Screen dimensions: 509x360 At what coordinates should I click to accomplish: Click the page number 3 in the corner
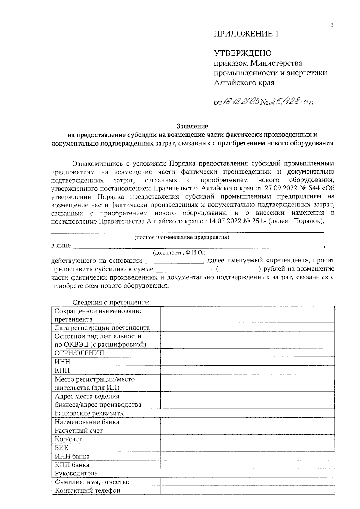coord(332,25)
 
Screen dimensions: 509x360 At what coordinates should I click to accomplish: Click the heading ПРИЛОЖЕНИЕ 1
coord(246,34)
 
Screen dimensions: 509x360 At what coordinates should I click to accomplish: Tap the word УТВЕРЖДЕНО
coord(242,53)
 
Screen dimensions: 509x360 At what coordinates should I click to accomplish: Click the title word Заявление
coord(192,126)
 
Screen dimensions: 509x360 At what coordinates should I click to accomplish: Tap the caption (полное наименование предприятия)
coord(181,238)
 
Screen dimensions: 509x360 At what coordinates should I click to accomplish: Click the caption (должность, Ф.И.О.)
coord(179,253)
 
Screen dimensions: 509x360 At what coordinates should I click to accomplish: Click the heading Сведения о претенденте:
coord(111,302)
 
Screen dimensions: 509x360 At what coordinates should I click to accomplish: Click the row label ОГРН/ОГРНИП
coord(79,353)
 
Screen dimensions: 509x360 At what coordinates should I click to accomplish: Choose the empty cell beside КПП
coord(247,370)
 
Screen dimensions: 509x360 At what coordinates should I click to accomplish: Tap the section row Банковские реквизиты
coord(90,413)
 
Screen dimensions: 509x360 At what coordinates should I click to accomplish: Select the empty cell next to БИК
coord(247,448)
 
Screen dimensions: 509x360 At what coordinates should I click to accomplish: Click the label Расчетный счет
coord(79,430)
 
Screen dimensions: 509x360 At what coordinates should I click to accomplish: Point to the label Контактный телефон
coord(88,490)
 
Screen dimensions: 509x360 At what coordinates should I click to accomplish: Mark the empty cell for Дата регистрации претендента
coord(247,328)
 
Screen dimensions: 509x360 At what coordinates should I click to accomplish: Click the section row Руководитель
coord(76,473)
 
